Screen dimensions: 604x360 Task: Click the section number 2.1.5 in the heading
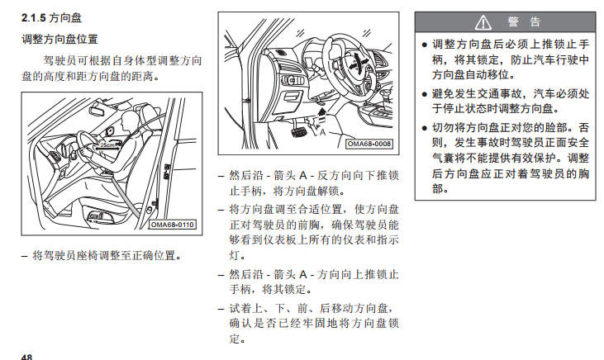34,17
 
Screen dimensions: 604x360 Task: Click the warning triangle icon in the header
483,22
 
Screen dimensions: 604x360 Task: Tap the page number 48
26,357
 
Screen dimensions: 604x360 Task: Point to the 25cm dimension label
107,145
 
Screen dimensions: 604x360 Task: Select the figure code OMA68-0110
173,225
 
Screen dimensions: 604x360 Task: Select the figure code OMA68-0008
369,144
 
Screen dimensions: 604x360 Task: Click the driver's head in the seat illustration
128,120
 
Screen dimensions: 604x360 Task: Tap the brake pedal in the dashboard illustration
298,131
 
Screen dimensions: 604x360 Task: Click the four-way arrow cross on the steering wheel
358,63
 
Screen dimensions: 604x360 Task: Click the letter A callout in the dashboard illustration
323,132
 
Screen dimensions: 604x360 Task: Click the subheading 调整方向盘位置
59,40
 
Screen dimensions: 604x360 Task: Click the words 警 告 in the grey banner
524,22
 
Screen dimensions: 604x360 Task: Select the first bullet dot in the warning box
425,45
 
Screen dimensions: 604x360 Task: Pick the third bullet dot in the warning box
425,128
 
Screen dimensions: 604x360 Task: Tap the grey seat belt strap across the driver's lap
126,196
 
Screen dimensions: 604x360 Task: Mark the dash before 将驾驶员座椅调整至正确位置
25,256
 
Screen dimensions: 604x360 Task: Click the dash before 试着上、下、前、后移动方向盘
221,309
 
